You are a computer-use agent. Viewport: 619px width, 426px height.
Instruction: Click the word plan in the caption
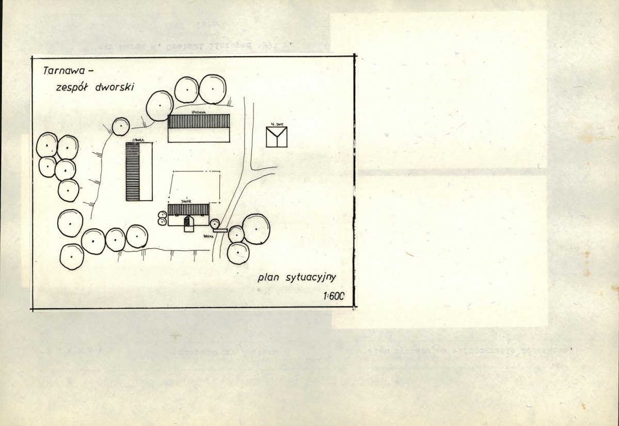tap(269, 277)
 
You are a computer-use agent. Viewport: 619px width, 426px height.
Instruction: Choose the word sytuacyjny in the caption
tap(311, 278)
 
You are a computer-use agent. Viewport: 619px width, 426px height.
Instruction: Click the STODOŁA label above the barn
tap(198, 112)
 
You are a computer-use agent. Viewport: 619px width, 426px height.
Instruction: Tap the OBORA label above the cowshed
tap(138, 140)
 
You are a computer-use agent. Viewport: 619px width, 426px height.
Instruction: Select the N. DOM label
tap(276, 124)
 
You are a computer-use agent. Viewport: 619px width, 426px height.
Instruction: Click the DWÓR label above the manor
tap(186, 201)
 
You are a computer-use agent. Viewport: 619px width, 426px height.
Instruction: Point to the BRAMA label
tap(209, 235)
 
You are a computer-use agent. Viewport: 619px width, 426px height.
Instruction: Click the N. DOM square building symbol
tap(277, 137)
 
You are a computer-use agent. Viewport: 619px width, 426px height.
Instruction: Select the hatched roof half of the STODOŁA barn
tap(199, 121)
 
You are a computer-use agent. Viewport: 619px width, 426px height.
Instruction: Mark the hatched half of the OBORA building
tap(133, 172)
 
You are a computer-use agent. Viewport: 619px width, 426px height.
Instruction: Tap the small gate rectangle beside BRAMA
tap(220, 230)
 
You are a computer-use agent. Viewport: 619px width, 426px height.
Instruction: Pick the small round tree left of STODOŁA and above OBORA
tap(121, 126)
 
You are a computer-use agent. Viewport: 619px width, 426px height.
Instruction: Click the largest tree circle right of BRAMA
tap(256, 229)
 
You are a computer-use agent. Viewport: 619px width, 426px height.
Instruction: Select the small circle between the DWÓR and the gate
tap(214, 224)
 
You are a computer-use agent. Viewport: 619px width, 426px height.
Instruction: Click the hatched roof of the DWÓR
tap(188, 209)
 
